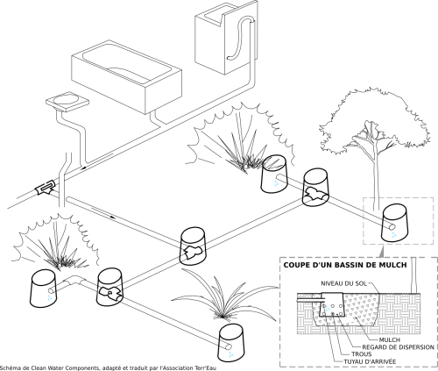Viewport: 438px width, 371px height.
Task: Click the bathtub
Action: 126,77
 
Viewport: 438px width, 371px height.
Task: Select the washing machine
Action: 226,38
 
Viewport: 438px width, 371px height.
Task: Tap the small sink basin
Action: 67,101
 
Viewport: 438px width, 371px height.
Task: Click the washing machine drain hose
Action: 239,38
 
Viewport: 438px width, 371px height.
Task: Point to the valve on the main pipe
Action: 46,188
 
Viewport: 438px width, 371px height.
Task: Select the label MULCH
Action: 390,339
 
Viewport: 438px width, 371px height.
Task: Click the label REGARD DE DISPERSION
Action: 399,347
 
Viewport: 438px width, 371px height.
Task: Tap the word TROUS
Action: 362,354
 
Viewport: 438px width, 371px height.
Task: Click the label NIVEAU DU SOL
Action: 344,283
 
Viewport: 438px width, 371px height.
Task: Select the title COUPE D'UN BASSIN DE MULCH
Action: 345,265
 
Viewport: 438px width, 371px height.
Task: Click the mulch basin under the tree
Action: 394,223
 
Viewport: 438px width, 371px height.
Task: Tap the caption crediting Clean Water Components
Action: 108,367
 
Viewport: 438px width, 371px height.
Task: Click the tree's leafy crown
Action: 375,123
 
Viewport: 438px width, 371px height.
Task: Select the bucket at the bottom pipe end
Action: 230,343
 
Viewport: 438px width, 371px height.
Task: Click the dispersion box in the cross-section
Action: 332,304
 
